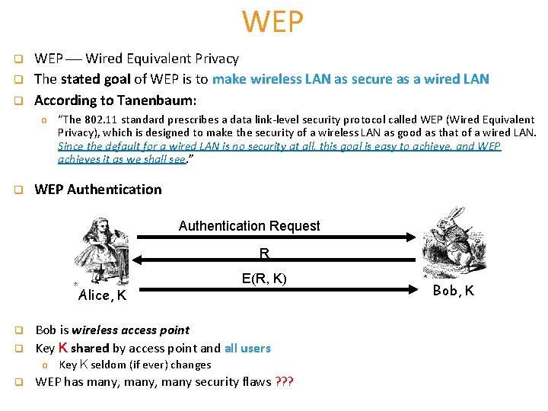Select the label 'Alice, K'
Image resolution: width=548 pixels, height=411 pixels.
[103, 295]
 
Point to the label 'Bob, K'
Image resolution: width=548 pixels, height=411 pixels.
[454, 290]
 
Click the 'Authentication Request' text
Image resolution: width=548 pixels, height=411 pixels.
[249, 226]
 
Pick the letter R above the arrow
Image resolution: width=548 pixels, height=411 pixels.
[264, 253]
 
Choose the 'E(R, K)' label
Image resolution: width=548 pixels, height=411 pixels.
[264, 279]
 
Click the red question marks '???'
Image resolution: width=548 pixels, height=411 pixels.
[285, 381]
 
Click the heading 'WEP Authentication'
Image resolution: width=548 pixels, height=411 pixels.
[98, 190]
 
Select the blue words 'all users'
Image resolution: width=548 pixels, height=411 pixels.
[247, 348]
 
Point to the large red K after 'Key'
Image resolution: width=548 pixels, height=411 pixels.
[63, 347]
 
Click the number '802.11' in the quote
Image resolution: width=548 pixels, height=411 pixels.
[106, 119]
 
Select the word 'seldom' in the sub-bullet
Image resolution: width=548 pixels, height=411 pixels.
[110, 365]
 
